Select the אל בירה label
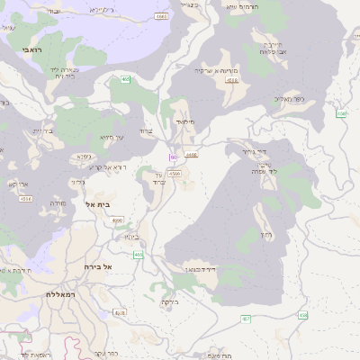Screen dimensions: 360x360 (x=94, y=267)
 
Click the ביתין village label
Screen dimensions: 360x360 (x=130, y=237)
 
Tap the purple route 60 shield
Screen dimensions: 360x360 (x=171, y=157)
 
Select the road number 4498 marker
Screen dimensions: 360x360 (x=192, y=155)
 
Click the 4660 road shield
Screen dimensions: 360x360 (x=161, y=16)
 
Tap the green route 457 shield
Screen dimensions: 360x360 (x=246, y=319)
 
